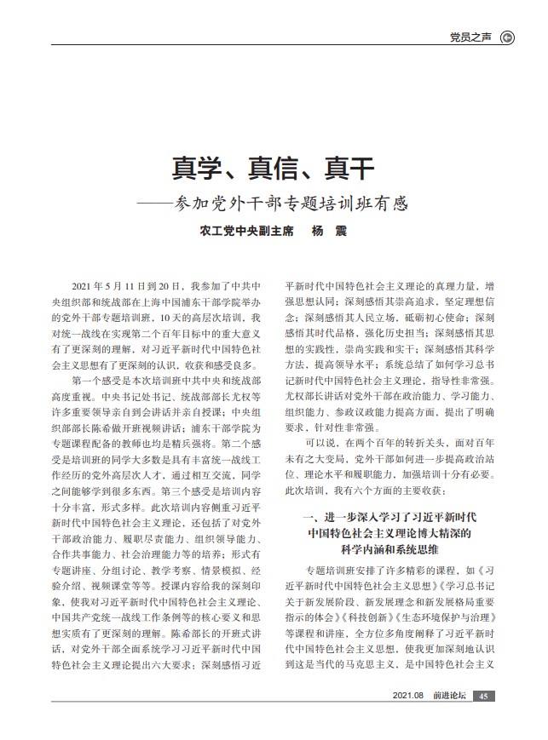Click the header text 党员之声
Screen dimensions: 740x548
[x=472, y=37]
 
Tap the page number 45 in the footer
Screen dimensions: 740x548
[x=483, y=697]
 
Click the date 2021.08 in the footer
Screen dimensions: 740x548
[x=409, y=697]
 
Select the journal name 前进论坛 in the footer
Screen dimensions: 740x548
[x=449, y=697]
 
